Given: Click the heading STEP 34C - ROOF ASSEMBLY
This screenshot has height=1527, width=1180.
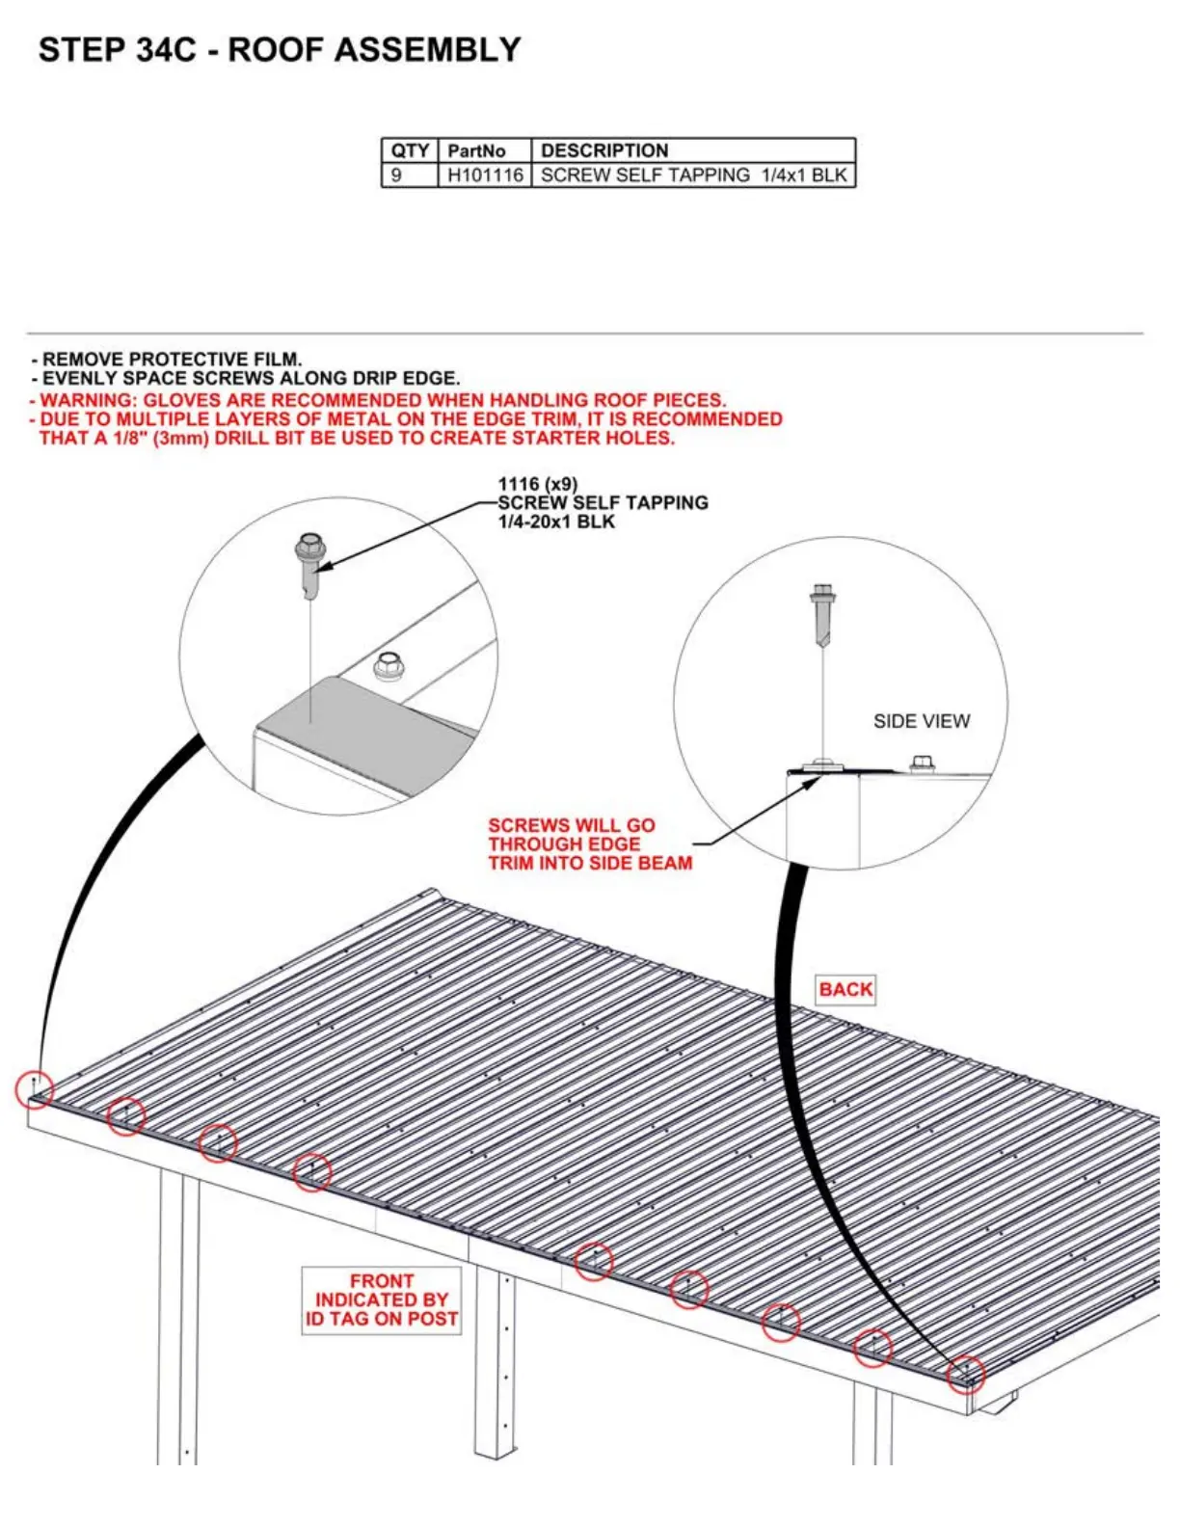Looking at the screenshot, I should pos(280,50).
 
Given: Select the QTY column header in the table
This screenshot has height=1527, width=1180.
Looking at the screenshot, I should pos(410,150).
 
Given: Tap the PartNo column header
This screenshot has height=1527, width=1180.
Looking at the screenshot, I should pos(476,150).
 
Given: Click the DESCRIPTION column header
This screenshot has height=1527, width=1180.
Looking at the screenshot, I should pos(604,150).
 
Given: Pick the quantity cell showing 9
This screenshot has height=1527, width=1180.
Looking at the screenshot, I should pos(396,175).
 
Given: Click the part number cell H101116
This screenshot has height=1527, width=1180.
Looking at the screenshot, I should pos(485,175).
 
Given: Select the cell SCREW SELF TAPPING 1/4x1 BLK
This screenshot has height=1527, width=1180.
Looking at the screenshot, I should pos(693,175).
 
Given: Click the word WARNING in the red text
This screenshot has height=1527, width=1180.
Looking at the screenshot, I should pos(88,400).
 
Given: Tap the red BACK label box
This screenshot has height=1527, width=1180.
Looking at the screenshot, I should pos(845,989).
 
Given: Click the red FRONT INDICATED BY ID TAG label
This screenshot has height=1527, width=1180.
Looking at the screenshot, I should pos(382,1299).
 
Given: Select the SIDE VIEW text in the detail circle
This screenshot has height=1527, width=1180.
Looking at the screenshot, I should pos(921,721).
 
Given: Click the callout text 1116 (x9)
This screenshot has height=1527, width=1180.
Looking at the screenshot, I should pos(537,484).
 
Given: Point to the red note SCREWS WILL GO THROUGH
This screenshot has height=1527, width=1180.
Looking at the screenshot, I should pos(589,844).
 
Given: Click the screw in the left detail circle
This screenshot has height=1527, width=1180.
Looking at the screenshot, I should pos(309,565).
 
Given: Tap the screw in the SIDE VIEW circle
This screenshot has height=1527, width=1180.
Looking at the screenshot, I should pos(822,612).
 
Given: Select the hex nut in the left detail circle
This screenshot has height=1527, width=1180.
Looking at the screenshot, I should pos(388,664).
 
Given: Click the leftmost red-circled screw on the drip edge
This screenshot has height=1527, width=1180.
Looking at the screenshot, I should pos(35,1088).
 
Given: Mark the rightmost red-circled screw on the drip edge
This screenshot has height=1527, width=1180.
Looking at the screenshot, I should pos(966,1372).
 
